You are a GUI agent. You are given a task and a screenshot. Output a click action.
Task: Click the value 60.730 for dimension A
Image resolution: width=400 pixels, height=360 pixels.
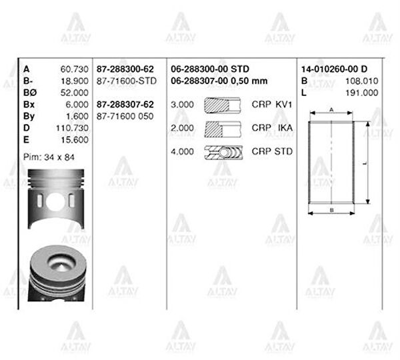pyautogui.click(x=74, y=69)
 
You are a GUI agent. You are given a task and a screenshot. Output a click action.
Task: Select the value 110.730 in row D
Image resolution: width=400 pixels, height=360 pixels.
pyautogui.click(x=72, y=128)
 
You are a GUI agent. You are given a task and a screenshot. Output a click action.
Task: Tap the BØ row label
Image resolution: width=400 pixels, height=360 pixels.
pyautogui.click(x=30, y=93)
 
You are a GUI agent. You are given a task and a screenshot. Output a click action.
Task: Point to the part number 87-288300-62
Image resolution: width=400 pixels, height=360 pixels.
pyautogui.click(x=125, y=69)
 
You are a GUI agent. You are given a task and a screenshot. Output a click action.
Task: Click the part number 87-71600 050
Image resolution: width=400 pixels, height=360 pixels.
pyautogui.click(x=125, y=117)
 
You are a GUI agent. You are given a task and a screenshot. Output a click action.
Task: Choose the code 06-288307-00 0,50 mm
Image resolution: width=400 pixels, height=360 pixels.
pyautogui.click(x=219, y=81)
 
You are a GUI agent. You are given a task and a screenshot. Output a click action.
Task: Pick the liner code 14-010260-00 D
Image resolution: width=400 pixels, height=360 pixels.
pyautogui.click(x=335, y=69)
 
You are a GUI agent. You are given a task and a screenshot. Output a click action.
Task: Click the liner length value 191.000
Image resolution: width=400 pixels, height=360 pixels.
pyautogui.click(x=362, y=93)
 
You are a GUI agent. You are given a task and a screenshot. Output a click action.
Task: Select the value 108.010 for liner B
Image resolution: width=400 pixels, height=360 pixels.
pyautogui.click(x=362, y=81)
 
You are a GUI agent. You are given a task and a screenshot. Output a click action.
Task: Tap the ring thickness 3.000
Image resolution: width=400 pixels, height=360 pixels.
pyautogui.click(x=182, y=105)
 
